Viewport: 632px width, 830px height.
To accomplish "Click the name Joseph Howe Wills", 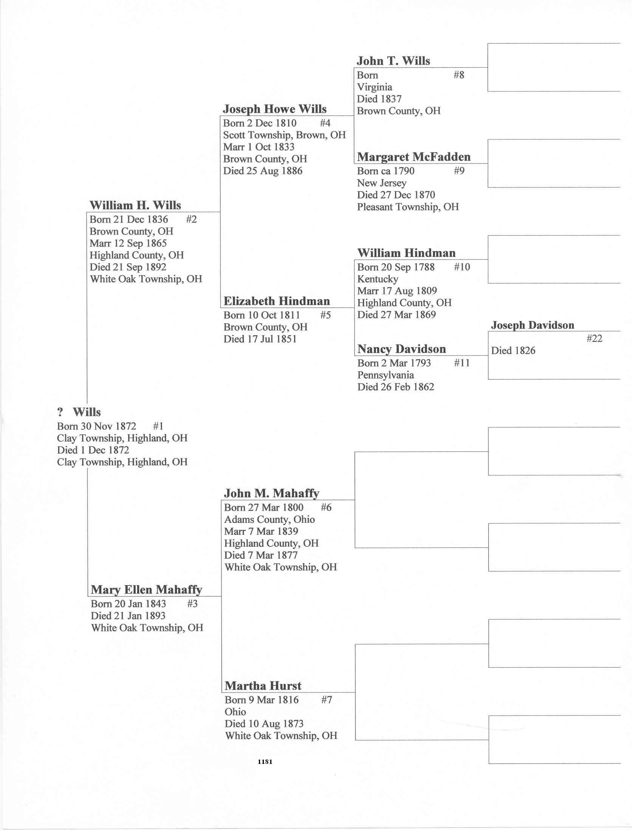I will pos(274,109).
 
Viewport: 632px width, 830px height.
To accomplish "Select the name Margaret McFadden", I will pos(414,157).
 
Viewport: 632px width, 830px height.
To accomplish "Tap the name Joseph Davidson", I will pos(532,325).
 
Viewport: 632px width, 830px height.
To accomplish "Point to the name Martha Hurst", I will pos(263,686).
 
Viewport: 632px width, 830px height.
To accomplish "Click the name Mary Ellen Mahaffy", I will pos(146,590).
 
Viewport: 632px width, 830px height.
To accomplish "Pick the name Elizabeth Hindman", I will pos(276,301).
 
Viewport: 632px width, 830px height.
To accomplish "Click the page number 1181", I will pos(265,762).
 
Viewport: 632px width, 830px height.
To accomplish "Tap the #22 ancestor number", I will pos(594,338).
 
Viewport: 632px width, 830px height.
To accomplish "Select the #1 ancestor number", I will pos(158,426).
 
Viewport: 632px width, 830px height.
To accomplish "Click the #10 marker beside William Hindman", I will pos(462,267).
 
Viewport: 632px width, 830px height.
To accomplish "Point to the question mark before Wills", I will pos(60,412).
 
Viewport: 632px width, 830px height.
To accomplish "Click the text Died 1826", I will pos(513,351).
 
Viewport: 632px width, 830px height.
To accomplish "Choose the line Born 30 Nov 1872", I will pos(96,426).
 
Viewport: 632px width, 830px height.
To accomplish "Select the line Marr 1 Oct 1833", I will pos(259,147).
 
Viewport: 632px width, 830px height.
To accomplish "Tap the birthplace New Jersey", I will pos(381,183).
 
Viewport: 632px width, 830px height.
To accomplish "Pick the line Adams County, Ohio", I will pos(269,519).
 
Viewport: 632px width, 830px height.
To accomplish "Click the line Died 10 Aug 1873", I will pos(264,724).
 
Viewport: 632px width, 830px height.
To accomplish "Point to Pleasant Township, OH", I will pos(407,207).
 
